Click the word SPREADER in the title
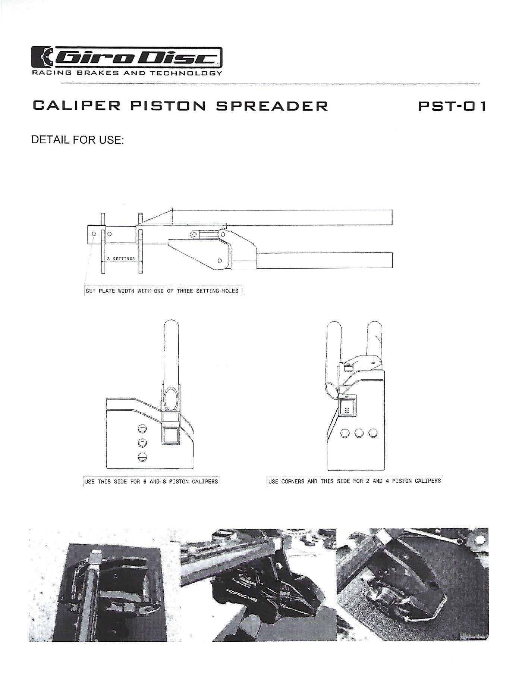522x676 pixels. (x=272, y=106)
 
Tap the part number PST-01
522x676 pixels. (x=452, y=106)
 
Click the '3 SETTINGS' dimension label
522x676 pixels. (x=121, y=259)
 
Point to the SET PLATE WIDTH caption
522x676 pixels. (x=162, y=291)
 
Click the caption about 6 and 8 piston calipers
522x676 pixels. (x=151, y=482)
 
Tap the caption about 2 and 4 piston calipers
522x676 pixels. (x=354, y=481)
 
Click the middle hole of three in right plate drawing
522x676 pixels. (x=359, y=433)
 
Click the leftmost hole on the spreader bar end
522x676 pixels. (x=94, y=234)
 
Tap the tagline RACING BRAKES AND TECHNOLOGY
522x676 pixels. (x=127, y=73)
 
